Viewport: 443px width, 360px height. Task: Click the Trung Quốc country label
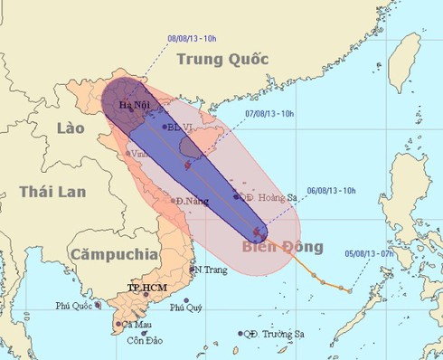(x=222, y=60)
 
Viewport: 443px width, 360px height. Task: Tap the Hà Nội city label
(x=134, y=106)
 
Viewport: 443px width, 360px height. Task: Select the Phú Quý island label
(x=205, y=306)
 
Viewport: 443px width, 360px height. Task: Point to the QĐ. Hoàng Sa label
(x=270, y=196)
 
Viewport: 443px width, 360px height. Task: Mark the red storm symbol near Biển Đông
(x=259, y=233)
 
